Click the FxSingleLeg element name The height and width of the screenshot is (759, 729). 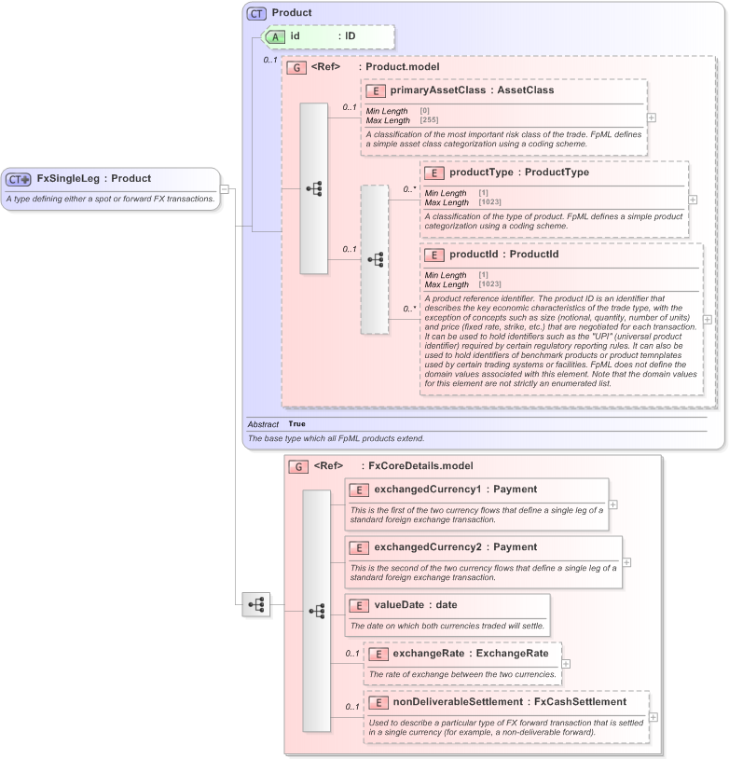67,178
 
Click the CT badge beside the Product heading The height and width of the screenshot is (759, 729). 256,13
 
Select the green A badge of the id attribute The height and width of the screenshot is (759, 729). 276,36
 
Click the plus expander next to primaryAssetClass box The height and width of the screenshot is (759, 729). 651,117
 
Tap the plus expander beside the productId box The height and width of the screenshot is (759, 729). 707,319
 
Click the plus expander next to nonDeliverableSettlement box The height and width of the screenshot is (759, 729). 653,717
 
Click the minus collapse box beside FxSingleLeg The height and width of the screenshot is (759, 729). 225,188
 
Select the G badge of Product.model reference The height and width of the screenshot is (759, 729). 296,67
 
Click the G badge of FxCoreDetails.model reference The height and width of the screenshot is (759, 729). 298,465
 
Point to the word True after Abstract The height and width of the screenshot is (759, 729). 296,423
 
